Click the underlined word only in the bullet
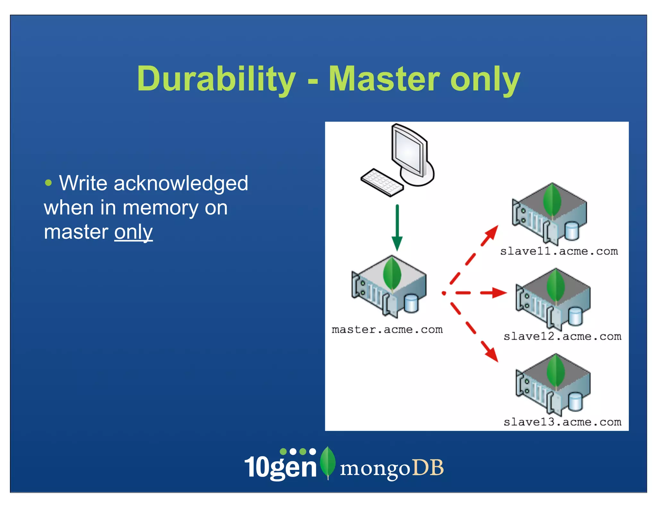(x=133, y=232)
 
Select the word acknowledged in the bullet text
(x=181, y=183)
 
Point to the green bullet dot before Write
(x=48, y=183)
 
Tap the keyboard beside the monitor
(x=382, y=182)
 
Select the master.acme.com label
(x=387, y=329)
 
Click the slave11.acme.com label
(x=559, y=251)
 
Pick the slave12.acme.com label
(x=562, y=337)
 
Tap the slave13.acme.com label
(x=562, y=422)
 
